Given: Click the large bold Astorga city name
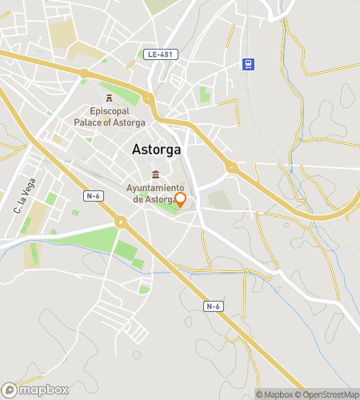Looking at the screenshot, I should click(x=157, y=150).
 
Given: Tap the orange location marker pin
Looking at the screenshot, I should click(x=180, y=200).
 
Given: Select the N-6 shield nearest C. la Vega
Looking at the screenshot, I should click(x=94, y=194).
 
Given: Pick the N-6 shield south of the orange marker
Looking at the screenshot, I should click(x=213, y=306).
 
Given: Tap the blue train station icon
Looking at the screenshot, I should click(x=250, y=64).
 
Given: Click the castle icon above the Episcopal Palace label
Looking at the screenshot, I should click(x=109, y=98).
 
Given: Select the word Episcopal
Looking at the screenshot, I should click(x=109, y=111).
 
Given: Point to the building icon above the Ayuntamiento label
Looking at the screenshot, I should click(x=156, y=175).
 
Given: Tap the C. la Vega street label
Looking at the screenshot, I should click(x=25, y=196).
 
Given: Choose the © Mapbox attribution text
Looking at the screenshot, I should click(x=275, y=394).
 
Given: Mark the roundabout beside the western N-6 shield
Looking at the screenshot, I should click(x=121, y=222).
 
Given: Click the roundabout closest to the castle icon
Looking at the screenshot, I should click(x=148, y=100).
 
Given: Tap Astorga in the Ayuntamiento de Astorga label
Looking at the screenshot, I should click(x=160, y=199).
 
